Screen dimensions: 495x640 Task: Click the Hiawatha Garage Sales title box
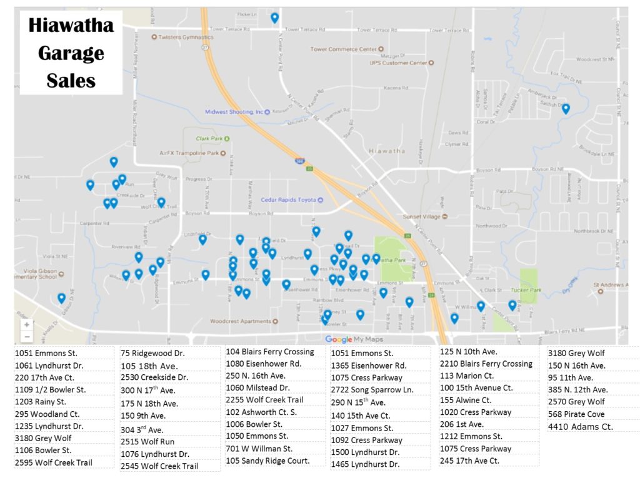pyautogui.click(x=71, y=53)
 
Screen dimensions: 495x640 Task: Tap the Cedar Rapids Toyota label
pyautogui.click(x=291, y=200)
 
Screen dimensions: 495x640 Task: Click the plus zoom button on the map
pyautogui.click(x=26, y=325)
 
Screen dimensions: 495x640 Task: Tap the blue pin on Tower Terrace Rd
pyautogui.click(x=274, y=18)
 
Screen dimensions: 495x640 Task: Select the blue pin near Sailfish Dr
pyautogui.click(x=566, y=108)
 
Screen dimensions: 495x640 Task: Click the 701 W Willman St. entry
pyautogui.click(x=259, y=449)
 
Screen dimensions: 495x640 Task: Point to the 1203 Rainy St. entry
pyautogui.click(x=41, y=402)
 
